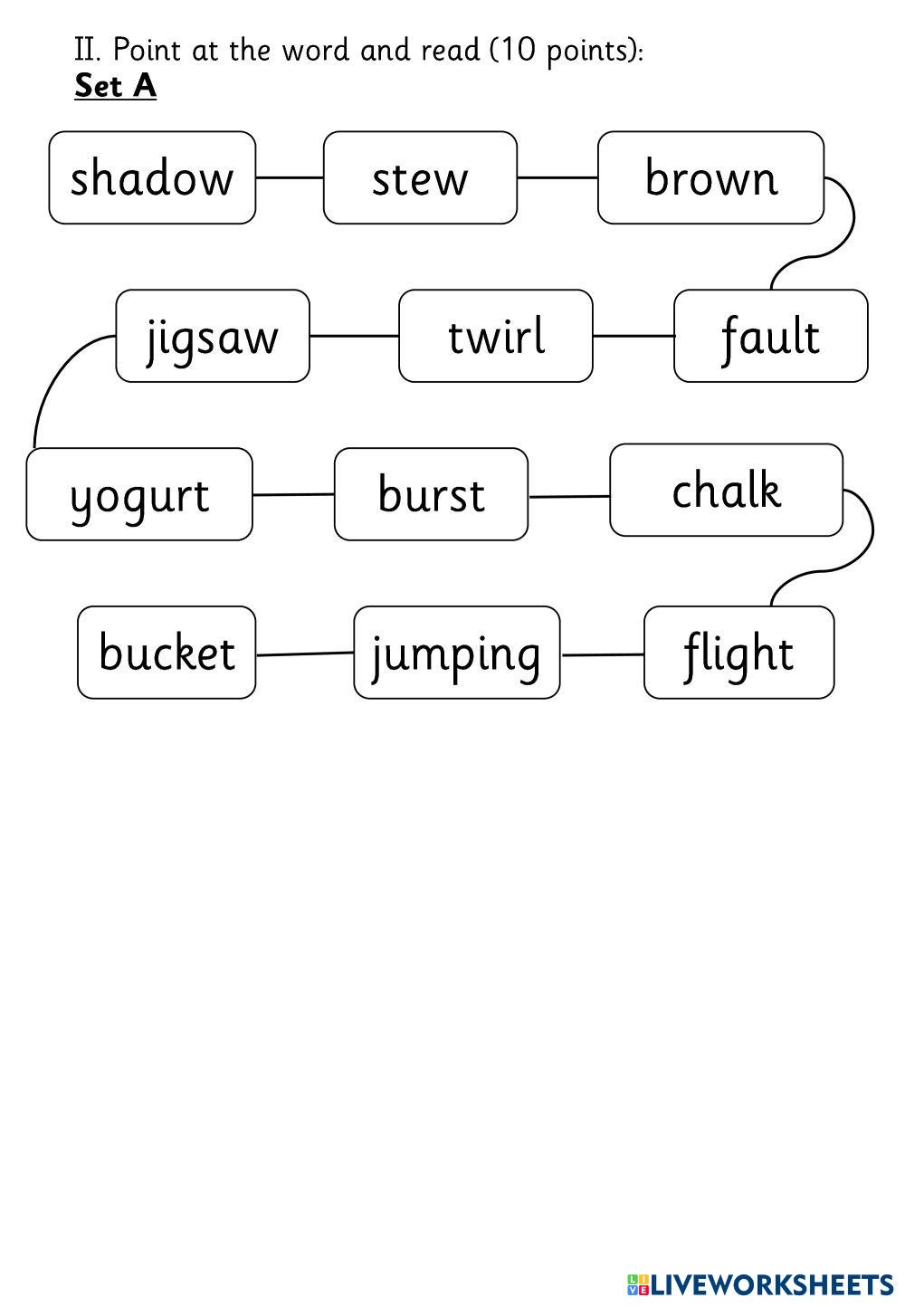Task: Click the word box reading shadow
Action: coord(152,177)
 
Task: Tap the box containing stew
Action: coord(420,177)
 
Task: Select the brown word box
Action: coord(710,177)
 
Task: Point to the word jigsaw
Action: coord(213,336)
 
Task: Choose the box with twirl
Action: coord(496,336)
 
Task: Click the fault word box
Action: coord(770,336)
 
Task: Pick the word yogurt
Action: coord(139,494)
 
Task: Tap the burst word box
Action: coord(431,494)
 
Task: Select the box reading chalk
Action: coord(726,490)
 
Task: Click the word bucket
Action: coord(167,653)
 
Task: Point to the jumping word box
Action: coord(456,653)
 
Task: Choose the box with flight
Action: coord(738,653)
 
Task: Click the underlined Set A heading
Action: coord(115,86)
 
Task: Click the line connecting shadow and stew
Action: coord(290,177)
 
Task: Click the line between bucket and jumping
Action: coord(304,653)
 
